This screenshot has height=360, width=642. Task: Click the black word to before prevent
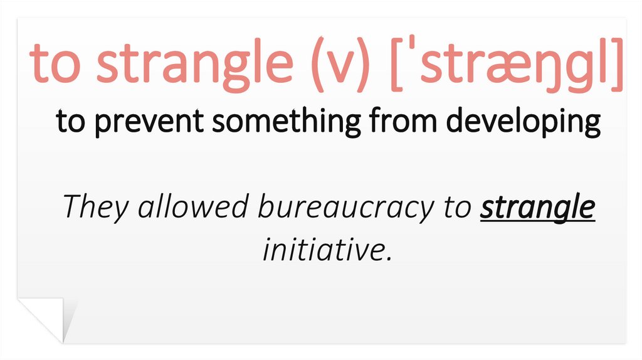pyautogui.click(x=70, y=122)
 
